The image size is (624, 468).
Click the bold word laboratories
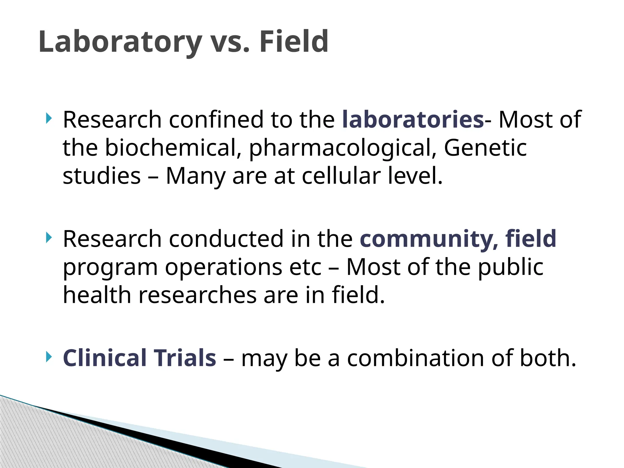[x=413, y=119]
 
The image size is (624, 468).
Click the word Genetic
[x=485, y=148]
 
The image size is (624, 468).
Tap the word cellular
[x=341, y=176]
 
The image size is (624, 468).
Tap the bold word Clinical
[x=105, y=358]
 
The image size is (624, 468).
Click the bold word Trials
[x=185, y=358]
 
